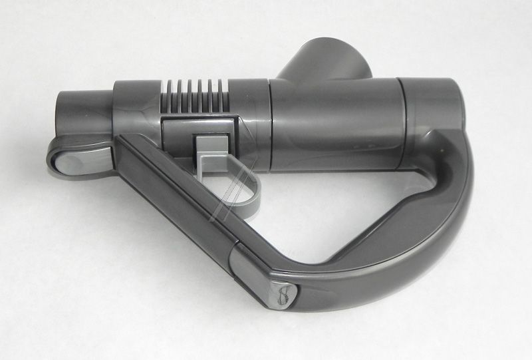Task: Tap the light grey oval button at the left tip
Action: click(70, 157)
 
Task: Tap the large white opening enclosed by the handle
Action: click(332, 206)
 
